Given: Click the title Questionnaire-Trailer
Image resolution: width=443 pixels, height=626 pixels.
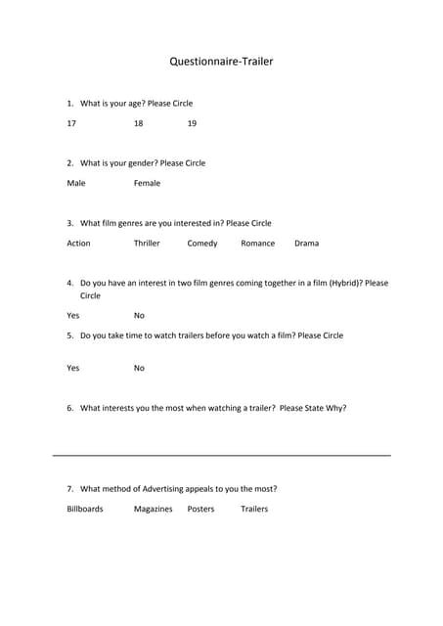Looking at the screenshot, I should (221, 62).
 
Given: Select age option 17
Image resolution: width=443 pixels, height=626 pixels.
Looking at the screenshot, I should (71, 123).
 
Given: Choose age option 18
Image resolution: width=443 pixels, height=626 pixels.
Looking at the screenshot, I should (138, 123).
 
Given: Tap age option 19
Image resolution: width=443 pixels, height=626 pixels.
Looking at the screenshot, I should (192, 123).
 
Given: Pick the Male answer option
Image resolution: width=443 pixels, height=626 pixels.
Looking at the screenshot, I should (76, 183).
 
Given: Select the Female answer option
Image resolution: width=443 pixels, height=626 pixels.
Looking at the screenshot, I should (147, 183).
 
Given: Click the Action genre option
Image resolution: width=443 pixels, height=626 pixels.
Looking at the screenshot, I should (78, 244).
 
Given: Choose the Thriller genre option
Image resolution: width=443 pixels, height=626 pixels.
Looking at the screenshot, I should (147, 244).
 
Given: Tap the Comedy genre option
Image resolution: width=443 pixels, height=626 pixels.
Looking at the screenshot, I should (202, 244).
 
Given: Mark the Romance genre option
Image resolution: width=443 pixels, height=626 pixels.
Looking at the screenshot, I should (257, 244).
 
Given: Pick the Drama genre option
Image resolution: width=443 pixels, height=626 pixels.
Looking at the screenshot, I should (306, 244).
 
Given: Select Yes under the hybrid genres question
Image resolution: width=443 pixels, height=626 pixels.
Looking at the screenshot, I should (73, 316).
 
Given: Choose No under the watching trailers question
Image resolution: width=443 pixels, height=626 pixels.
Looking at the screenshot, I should (139, 368).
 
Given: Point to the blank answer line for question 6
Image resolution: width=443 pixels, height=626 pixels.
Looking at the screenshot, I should (221, 455).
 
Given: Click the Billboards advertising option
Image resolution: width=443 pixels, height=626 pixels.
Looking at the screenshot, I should (85, 509).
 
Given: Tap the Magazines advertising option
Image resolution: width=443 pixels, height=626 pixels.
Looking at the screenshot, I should (153, 509).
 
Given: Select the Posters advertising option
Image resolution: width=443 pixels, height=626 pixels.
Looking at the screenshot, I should (200, 509).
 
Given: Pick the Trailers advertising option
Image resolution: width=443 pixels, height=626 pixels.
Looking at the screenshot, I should (254, 509).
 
